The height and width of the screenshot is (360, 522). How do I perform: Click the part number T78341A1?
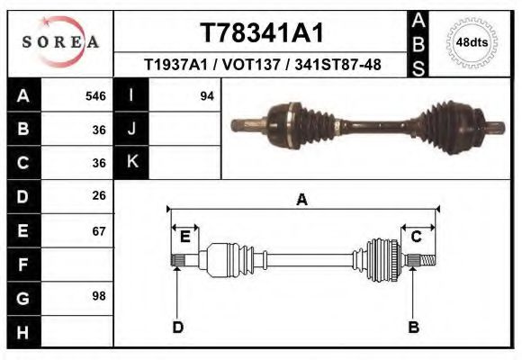point(261,32)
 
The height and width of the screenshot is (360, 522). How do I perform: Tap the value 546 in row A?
point(95,95)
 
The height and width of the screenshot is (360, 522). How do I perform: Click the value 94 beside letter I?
point(207,95)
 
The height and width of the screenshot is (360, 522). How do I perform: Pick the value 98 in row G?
point(98,296)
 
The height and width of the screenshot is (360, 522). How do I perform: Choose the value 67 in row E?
point(98,230)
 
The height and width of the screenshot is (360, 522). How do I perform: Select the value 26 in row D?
point(98,195)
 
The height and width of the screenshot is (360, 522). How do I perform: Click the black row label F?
point(22,265)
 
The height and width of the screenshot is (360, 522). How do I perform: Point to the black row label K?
point(132,162)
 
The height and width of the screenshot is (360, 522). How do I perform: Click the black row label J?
point(132,129)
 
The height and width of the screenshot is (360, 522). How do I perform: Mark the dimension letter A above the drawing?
point(302,199)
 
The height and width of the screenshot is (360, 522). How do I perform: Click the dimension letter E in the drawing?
point(184,237)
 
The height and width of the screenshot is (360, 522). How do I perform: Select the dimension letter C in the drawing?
point(417,237)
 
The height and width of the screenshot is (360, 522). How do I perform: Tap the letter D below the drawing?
point(178,327)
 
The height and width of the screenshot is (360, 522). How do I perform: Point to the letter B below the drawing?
point(414,327)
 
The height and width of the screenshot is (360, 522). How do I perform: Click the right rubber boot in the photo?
point(442,124)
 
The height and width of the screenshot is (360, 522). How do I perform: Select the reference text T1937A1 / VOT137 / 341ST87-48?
point(261,65)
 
